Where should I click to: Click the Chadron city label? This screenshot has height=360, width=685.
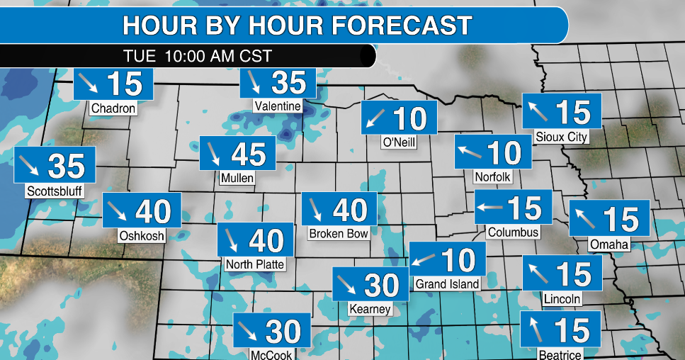click(113, 108)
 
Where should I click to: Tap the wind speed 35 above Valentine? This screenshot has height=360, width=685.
click(288, 83)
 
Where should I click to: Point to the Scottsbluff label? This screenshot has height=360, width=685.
click(55, 191)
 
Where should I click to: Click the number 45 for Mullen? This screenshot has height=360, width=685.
click(248, 154)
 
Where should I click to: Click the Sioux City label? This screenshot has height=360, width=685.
click(562, 137)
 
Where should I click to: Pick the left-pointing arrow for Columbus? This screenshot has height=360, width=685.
click(489, 208)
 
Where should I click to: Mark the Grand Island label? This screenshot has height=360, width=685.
click(447, 283)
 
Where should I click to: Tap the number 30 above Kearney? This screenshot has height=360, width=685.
click(382, 285)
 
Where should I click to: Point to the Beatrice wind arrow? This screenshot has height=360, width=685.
click(533, 330)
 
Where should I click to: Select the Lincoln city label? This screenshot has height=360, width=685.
click(562, 299)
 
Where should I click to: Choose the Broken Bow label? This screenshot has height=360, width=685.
click(339, 233)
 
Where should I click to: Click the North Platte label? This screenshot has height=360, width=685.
click(254, 265)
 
